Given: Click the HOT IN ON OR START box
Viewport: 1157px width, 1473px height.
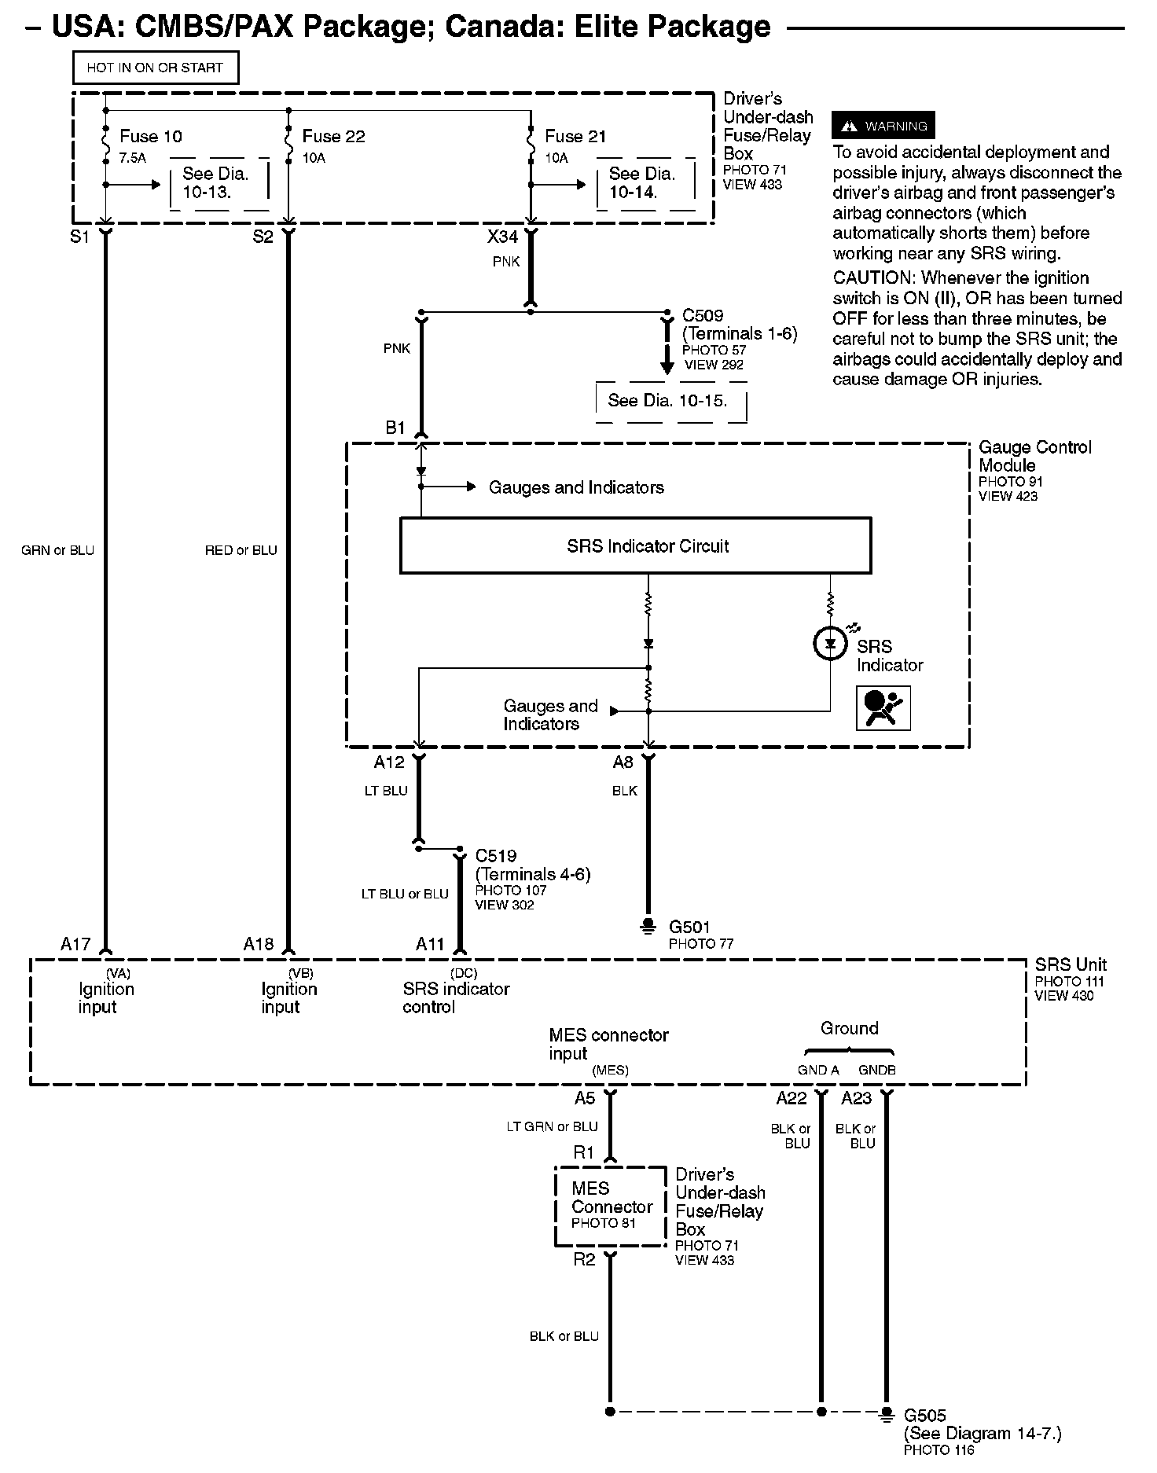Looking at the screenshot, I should (155, 68).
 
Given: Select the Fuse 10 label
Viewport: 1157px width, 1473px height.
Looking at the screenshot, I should (150, 137).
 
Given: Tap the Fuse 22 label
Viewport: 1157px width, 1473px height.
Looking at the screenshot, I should (333, 137).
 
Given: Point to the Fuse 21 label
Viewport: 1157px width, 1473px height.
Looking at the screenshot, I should (575, 137).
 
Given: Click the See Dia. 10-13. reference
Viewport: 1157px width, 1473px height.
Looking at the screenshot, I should (215, 183).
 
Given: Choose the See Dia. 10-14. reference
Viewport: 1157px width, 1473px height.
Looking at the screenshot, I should (641, 183).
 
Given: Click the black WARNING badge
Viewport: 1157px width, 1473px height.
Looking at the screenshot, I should (883, 126).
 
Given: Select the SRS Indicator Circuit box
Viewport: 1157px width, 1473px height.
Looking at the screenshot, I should (635, 545).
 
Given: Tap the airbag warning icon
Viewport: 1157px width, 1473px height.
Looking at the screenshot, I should (883, 707).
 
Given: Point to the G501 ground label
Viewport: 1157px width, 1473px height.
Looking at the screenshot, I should (689, 928).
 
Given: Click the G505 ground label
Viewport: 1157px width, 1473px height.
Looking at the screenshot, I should (925, 1416).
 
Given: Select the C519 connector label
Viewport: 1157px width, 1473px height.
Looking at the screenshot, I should (496, 856).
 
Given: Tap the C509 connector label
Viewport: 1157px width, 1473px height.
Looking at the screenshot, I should (703, 316).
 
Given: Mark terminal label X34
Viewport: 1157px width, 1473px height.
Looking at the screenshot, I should (502, 237).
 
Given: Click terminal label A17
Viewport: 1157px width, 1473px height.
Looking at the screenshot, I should (75, 944).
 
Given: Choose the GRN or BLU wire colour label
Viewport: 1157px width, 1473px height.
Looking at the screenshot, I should (57, 550).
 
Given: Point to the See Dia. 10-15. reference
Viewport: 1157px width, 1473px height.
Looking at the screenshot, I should (667, 401).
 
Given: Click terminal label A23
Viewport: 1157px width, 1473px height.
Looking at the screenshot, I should (856, 1098).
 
